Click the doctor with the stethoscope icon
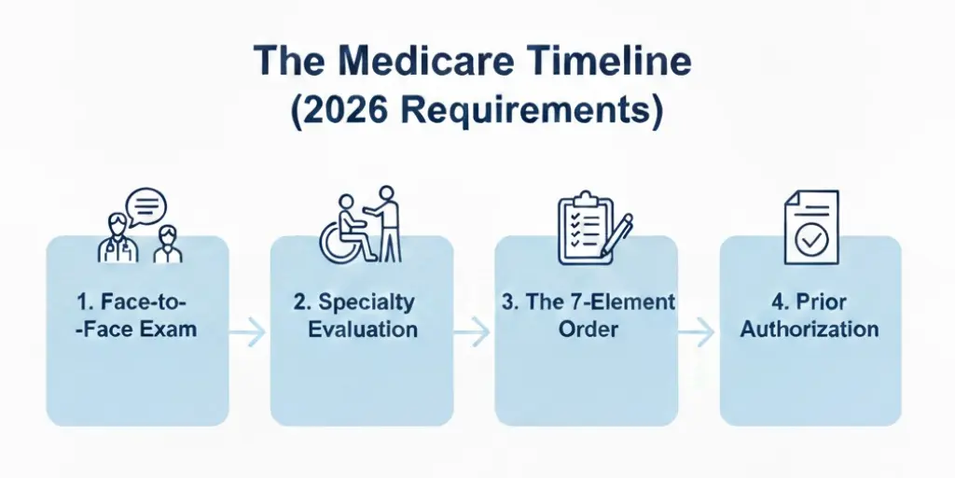click(118, 240)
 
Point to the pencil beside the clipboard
click(616, 236)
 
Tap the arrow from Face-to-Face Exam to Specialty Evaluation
click(249, 330)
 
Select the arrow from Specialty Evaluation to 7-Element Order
click(474, 330)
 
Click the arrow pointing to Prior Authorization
click(699, 330)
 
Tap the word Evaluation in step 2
click(363, 330)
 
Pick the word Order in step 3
click(587, 330)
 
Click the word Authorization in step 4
click(810, 330)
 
